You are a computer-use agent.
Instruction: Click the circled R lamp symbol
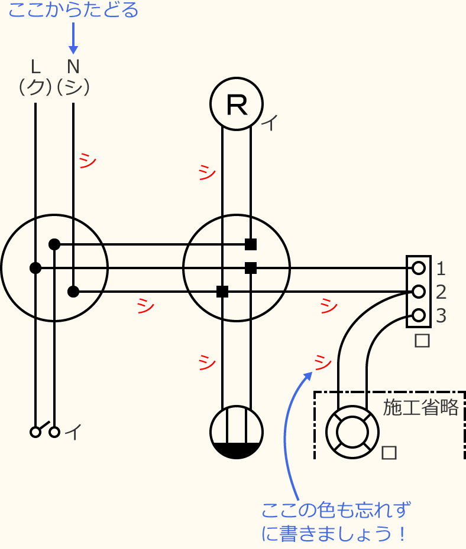point(237,104)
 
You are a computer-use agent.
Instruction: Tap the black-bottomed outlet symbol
point(237,432)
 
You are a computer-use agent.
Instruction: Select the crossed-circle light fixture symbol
point(352,431)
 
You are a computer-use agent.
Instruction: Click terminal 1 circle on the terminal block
point(419,269)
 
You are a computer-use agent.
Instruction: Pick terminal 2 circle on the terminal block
point(419,292)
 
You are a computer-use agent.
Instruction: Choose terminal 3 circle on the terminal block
point(419,315)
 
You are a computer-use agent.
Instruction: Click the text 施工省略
point(420,408)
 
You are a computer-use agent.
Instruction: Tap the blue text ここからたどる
point(73,10)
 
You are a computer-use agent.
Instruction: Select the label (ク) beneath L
point(35,87)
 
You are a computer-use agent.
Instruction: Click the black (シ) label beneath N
point(73,87)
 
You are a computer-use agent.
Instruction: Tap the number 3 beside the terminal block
point(441,316)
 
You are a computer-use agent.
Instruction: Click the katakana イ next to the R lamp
point(270,123)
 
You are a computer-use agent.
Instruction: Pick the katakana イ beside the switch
point(73,433)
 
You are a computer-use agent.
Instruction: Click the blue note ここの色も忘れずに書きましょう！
point(336,522)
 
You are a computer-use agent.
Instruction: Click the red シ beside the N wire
point(88,161)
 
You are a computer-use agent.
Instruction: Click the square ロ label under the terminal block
point(422,341)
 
